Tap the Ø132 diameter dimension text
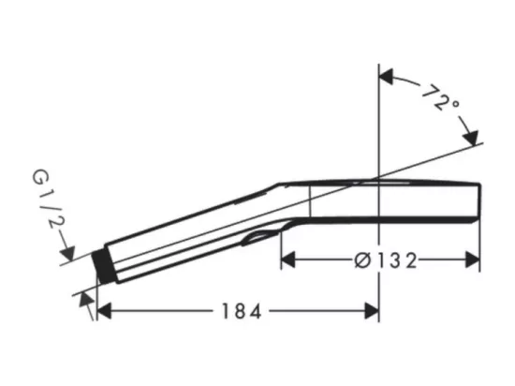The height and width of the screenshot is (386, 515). tap(386, 261)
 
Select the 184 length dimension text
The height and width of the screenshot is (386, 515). tap(242, 311)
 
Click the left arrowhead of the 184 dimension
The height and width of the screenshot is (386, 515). tap(104, 311)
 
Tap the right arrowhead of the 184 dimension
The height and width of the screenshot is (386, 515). tap(372, 311)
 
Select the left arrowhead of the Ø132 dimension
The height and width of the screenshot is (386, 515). tap(288, 260)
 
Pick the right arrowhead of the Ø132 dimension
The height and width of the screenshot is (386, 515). tap(473, 260)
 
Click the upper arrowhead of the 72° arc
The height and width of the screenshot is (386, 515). tap(386, 77)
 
